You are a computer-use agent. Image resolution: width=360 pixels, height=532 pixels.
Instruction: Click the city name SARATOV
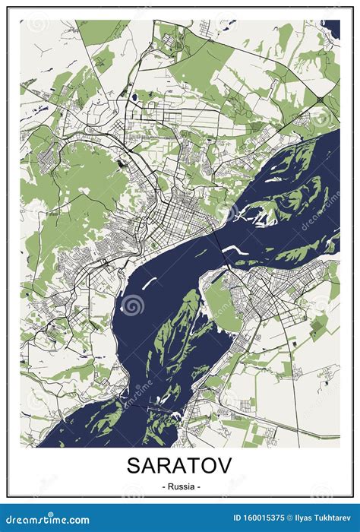click(x=180, y=464)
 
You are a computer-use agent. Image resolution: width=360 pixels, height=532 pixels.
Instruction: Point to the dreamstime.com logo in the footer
click(x=46, y=520)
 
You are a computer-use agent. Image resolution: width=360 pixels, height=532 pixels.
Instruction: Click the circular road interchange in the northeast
click(x=320, y=99)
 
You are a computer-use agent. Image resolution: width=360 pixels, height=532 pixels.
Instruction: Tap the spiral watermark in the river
click(x=134, y=305)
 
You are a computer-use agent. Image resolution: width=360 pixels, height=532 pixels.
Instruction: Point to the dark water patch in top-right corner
click(x=331, y=29)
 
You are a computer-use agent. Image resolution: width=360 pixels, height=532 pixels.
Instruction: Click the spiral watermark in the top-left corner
click(x=36, y=24)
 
